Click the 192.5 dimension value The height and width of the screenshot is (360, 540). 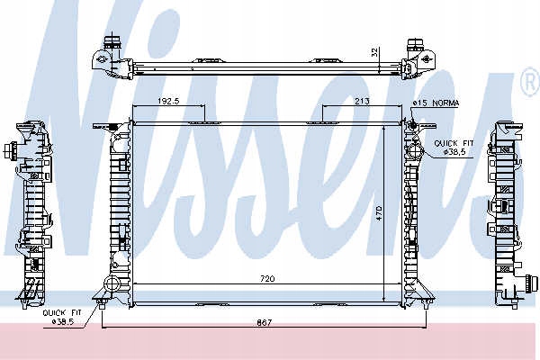click(169, 101)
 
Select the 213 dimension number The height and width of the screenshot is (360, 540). click(362, 101)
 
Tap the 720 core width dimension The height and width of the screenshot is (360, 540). click(267, 278)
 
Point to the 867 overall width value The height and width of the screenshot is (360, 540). click(264, 322)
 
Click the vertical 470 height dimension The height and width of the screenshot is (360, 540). click(379, 213)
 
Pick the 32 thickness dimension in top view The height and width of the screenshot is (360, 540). click(375, 52)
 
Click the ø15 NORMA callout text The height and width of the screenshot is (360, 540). click(436, 103)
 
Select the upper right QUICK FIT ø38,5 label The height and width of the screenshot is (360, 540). click(454, 148)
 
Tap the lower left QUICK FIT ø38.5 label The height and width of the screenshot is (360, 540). click(62, 318)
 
